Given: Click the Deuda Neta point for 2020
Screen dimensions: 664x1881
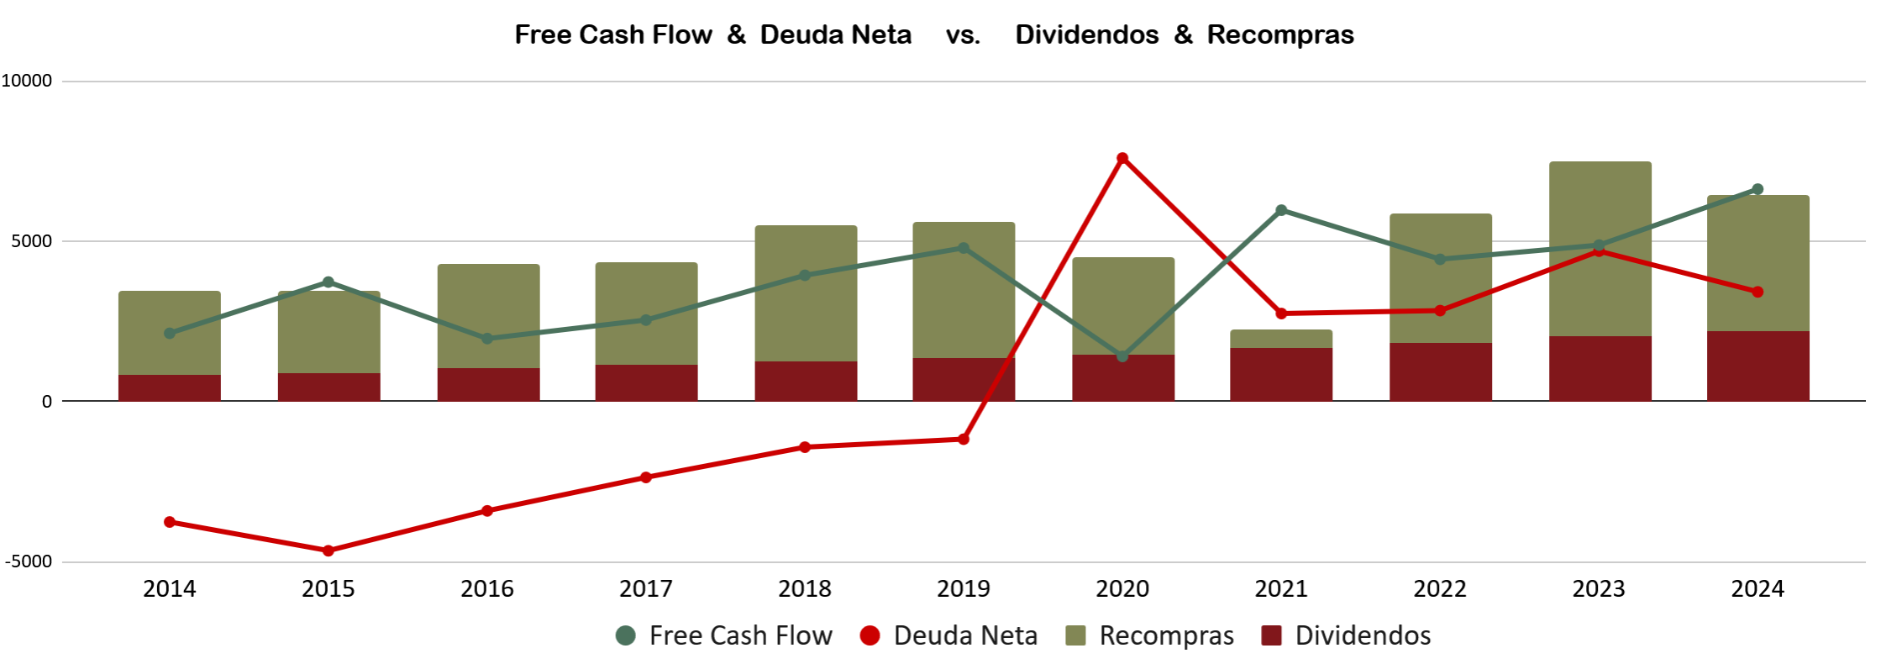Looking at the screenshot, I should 1122,158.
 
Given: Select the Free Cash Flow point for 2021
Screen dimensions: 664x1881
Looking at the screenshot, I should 1281,210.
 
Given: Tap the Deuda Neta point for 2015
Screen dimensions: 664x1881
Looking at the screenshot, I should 328,551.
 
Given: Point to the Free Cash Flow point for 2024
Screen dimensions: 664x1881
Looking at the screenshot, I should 1758,189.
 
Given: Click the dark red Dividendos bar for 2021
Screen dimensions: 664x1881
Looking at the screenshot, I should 1281,374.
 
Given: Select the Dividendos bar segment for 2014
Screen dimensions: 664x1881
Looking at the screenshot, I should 170,387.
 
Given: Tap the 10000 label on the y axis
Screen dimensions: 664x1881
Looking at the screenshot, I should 27,81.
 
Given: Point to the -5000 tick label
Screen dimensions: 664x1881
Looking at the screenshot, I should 29,561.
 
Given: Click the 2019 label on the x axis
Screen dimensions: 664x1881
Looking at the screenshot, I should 964,588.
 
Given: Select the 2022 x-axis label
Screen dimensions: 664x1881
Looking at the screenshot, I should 1440,588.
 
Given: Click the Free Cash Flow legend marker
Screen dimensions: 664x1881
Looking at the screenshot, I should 626,635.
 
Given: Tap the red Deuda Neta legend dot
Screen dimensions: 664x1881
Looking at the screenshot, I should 870,635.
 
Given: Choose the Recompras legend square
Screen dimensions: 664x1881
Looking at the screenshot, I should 1076,635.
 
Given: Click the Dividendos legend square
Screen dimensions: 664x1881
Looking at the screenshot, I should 1272,635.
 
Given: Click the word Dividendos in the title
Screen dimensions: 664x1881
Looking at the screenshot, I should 1087,34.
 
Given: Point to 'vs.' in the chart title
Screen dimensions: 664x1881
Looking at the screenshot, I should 964,34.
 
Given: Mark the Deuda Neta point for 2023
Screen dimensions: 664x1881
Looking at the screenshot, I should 1600,250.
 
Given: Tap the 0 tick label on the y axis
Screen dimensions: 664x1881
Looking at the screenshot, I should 47,402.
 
